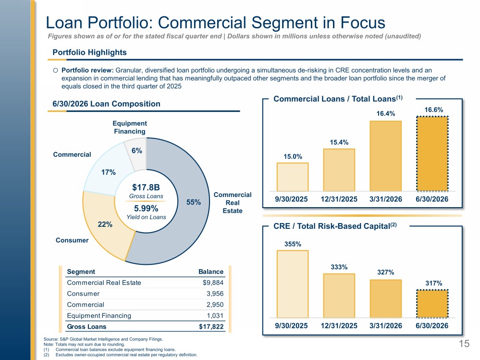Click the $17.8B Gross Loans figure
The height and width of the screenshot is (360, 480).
pyautogui.click(x=146, y=187)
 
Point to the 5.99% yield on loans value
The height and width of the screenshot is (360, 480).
pyautogui.click(x=146, y=209)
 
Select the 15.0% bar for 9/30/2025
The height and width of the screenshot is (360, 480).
pyautogui.click(x=293, y=177)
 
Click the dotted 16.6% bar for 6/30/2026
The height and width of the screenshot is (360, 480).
pyautogui.click(x=432, y=154)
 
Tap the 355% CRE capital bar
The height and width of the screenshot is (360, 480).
pyautogui.click(x=293, y=284)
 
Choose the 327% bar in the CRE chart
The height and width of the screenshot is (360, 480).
pyautogui.click(x=386, y=299)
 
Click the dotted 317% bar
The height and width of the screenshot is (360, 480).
pyautogui.click(x=432, y=304)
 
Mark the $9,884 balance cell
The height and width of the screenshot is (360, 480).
pyautogui.click(x=213, y=283)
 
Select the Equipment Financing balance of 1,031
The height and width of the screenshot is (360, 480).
pyautogui.click(x=215, y=316)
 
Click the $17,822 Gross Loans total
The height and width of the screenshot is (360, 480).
pyautogui.click(x=211, y=327)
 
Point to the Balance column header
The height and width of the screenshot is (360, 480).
pyautogui.click(x=211, y=272)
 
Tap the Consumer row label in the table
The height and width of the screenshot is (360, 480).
pyautogui.click(x=83, y=294)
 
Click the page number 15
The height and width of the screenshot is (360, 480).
pyautogui.click(x=464, y=344)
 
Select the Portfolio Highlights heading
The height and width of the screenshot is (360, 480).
pyautogui.click(x=89, y=52)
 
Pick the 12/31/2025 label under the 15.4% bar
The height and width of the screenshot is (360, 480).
pyautogui.click(x=339, y=199)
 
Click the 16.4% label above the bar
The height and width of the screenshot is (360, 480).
pyautogui.click(x=386, y=113)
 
